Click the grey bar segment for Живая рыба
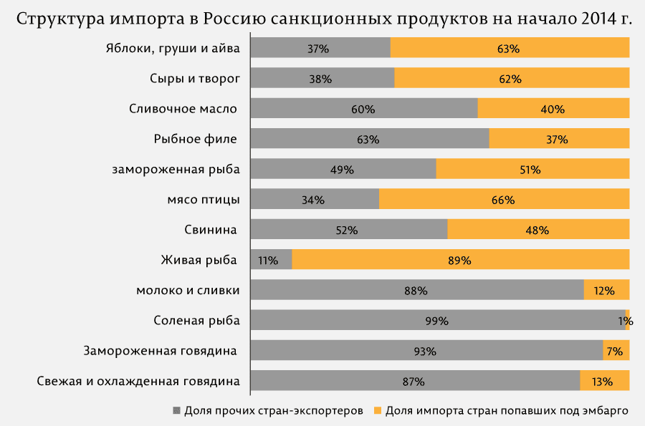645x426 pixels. (x=271, y=260)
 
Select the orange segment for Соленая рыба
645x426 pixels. (x=627, y=320)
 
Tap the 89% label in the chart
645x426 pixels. (x=459, y=261)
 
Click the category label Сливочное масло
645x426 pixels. (x=183, y=109)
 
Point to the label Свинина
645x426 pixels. (x=211, y=230)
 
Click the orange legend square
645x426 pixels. (x=377, y=410)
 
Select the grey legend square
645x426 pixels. (x=176, y=410)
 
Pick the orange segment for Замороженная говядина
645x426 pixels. (x=616, y=350)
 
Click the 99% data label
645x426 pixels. (x=437, y=321)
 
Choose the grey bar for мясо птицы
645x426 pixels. (x=315, y=199)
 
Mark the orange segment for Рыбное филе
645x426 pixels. (x=560, y=139)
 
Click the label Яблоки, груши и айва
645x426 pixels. (x=173, y=49)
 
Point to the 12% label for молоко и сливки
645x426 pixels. (x=604, y=291)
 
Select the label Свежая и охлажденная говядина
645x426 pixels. (x=138, y=381)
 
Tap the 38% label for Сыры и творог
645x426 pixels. (x=320, y=79)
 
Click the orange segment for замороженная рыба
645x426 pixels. (x=532, y=169)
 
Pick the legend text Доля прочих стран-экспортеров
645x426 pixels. (x=274, y=411)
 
